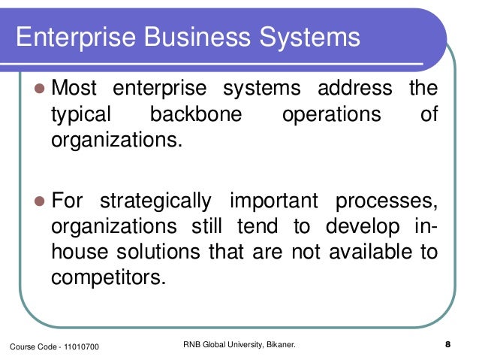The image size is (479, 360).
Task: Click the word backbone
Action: pos(195,115)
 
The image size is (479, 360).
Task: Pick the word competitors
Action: pos(107,277)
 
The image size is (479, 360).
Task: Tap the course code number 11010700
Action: pos(79,346)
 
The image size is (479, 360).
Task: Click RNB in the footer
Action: pos(193,345)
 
